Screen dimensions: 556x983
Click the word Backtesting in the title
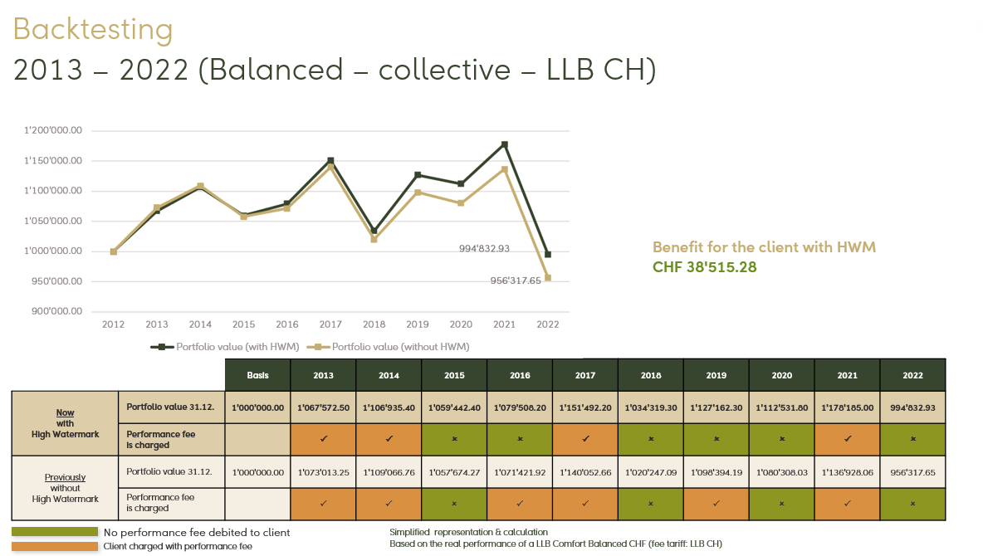[93, 30]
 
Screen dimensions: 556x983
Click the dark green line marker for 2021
[504, 144]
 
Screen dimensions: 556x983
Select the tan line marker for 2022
[548, 278]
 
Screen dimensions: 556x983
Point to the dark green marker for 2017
[330, 160]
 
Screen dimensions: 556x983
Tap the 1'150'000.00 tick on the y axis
[54, 161]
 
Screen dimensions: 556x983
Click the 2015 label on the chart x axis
[243, 324]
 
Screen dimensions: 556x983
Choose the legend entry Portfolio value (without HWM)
[394, 347]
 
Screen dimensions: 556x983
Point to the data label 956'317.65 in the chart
[516, 280]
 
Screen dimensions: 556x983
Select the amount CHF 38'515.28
[705, 267]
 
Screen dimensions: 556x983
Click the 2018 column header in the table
[651, 375]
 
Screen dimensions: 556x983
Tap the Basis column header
[258, 375]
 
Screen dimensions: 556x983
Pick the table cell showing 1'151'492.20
[585, 407]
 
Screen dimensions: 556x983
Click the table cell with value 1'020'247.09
[651, 472]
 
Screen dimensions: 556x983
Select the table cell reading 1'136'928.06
[847, 472]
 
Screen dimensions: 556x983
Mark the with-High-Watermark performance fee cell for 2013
[324, 439]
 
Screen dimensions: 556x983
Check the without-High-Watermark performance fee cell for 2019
[716, 503]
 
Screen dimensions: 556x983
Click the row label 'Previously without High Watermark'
[66, 488]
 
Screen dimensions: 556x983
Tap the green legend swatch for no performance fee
[55, 532]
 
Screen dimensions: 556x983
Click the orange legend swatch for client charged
[55, 546]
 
